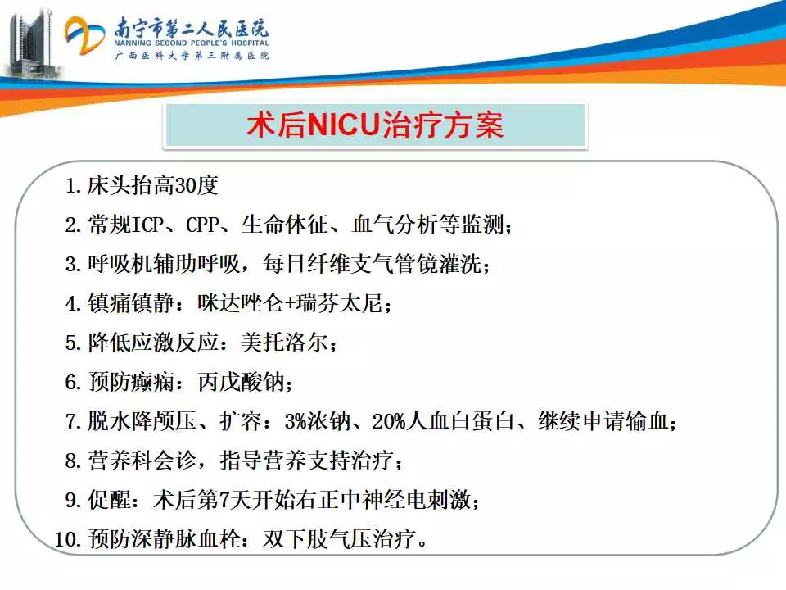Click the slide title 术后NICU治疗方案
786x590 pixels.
(x=375, y=125)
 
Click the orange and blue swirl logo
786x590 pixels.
(x=84, y=35)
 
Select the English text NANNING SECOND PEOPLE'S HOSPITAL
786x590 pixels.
(x=192, y=43)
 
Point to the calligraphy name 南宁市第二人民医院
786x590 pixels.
(x=192, y=28)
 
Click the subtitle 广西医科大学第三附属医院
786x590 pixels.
(x=192, y=55)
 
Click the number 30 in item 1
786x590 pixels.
(x=186, y=186)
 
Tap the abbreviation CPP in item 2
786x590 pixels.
(x=202, y=225)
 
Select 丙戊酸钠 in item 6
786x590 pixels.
(x=241, y=382)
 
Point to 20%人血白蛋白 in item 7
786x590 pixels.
(x=443, y=421)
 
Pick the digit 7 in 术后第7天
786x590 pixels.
(x=224, y=500)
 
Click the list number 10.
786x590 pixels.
(x=67, y=539)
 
